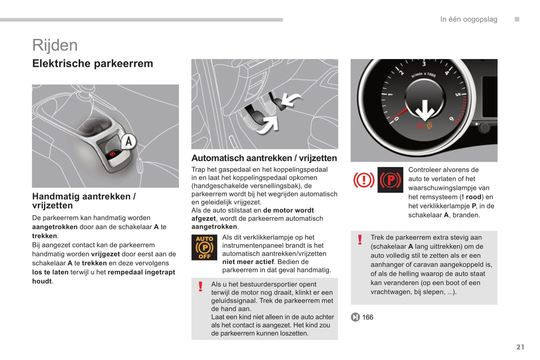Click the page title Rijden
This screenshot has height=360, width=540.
click(55, 45)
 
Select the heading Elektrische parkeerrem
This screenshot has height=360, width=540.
click(93, 63)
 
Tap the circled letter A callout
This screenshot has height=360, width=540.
click(129, 141)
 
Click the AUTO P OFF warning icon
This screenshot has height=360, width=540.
click(204, 247)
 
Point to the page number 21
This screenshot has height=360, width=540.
click(520, 347)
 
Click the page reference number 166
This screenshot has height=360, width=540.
click(368, 317)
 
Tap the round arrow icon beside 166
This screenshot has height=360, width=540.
click(355, 317)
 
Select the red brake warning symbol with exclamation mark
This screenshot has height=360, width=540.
click(364, 180)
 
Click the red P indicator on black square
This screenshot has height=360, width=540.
click(390, 180)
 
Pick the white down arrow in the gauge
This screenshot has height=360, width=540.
click(425, 111)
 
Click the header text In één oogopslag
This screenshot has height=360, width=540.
click(469, 19)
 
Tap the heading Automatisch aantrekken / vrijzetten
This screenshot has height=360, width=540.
click(264, 158)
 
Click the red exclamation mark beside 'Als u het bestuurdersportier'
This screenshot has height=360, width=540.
click(201, 286)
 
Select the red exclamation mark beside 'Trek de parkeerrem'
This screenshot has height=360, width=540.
click(360, 239)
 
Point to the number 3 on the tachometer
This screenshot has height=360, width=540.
click(424, 64)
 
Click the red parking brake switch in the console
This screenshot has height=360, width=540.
click(112, 153)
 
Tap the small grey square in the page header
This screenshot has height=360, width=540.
click(517, 19)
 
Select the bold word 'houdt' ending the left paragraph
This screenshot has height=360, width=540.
click(42, 281)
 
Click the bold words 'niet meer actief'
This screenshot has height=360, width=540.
click(248, 262)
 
